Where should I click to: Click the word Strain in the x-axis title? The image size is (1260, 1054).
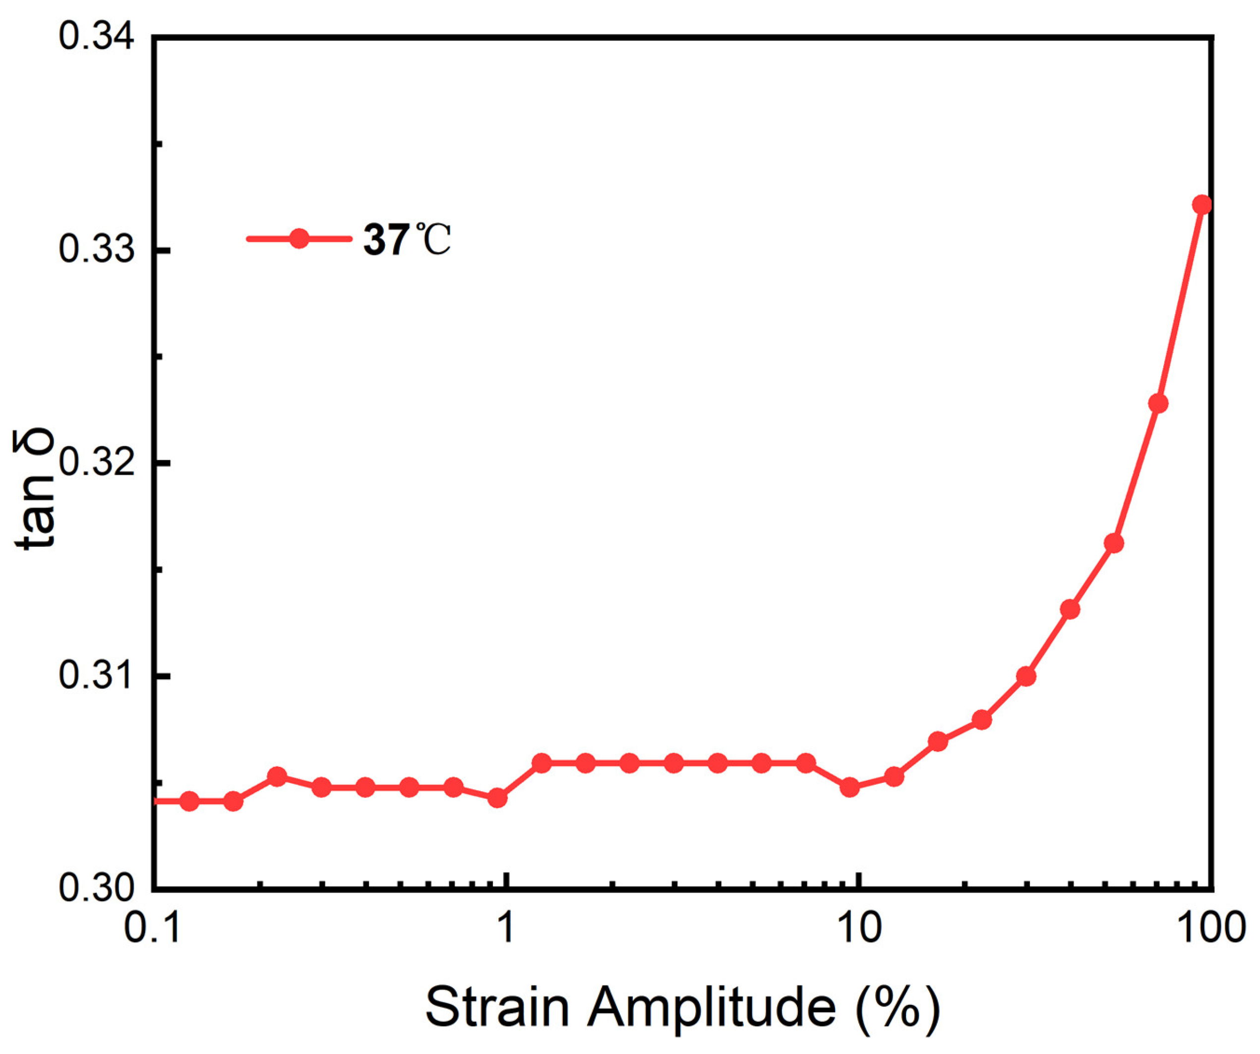[x=497, y=1007]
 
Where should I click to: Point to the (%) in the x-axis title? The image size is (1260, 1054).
[x=897, y=1007]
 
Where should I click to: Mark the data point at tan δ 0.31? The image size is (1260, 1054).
[x=1026, y=677]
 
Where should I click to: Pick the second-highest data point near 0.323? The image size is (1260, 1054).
[x=1158, y=404]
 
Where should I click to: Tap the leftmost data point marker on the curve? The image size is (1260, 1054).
[x=189, y=801]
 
